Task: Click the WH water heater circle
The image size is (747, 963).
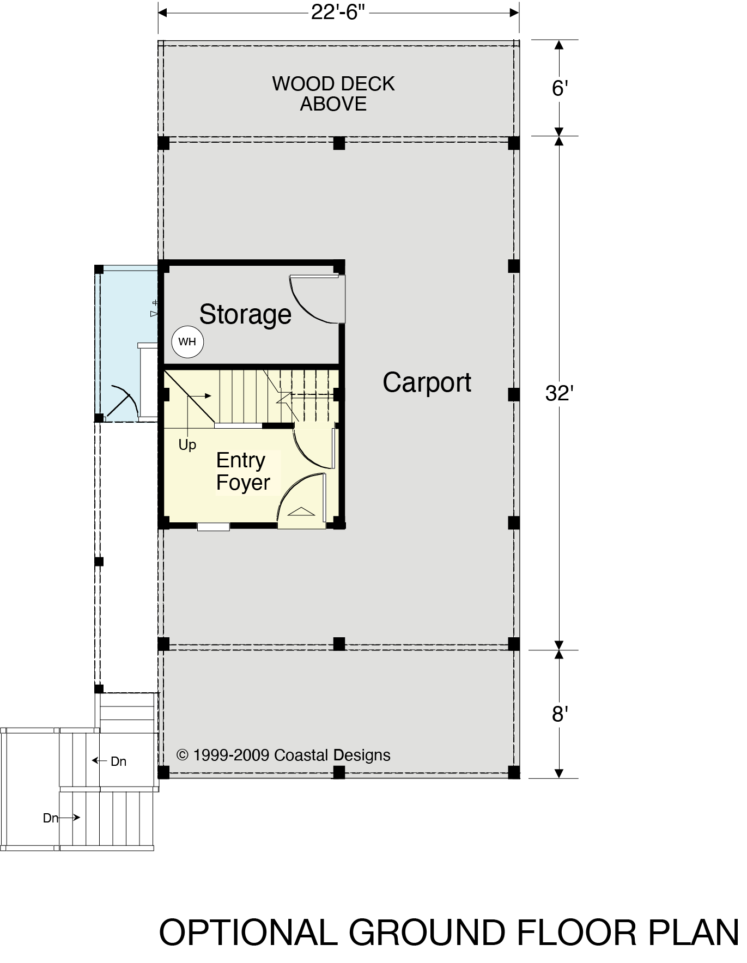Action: (187, 342)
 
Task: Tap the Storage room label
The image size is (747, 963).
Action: (245, 315)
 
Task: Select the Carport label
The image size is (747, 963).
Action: (427, 382)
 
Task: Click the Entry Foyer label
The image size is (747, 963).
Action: (243, 471)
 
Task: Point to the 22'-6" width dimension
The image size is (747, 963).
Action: (338, 12)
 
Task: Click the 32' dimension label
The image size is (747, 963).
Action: (560, 393)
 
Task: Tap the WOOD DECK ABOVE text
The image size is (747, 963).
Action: (333, 94)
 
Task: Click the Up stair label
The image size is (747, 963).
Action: (187, 445)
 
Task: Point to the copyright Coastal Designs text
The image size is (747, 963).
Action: (283, 755)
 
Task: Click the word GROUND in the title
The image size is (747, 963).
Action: (427, 932)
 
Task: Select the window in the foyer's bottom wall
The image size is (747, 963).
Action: (213, 526)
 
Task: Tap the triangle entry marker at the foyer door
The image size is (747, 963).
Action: (301, 511)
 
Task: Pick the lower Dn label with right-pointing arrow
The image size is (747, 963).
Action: (62, 818)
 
